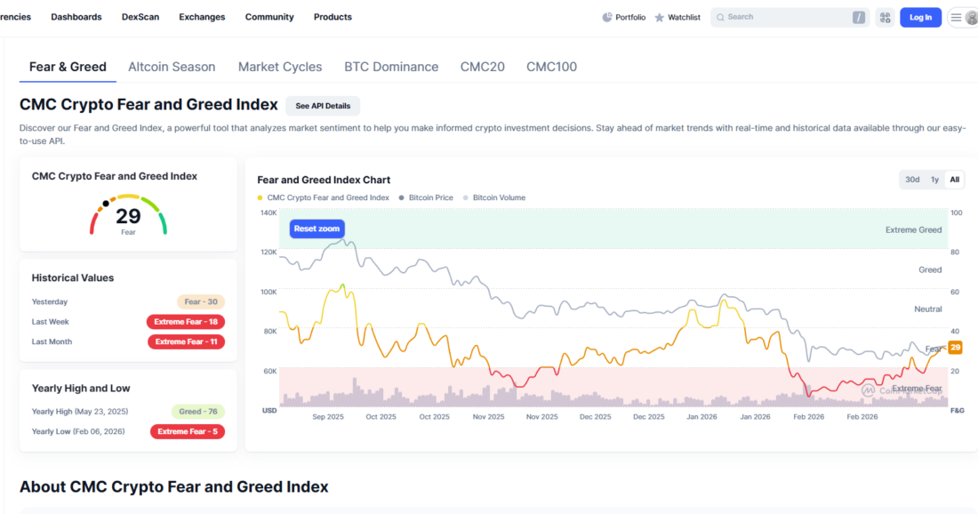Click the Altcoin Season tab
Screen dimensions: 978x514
coord(172,67)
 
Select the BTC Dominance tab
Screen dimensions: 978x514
coord(391,67)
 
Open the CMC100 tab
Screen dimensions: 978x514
coord(551,67)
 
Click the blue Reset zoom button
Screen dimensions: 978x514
coord(317,229)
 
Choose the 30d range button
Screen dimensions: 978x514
coord(912,180)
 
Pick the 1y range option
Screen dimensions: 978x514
coord(934,180)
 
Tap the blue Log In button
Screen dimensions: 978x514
coord(920,18)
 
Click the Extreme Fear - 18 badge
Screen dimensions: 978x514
coord(186,322)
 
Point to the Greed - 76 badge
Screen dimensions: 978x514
coord(198,412)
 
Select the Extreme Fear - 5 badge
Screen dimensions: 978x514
coord(188,431)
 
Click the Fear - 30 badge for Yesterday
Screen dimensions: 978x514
coord(201,302)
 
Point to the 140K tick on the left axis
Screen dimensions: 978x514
coord(269,213)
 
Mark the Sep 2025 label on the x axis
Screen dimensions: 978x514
coord(328,417)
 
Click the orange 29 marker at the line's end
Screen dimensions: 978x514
coord(955,348)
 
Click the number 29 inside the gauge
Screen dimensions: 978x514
coord(128,216)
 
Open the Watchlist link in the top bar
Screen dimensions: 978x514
coord(677,18)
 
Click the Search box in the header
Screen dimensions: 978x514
coord(790,18)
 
